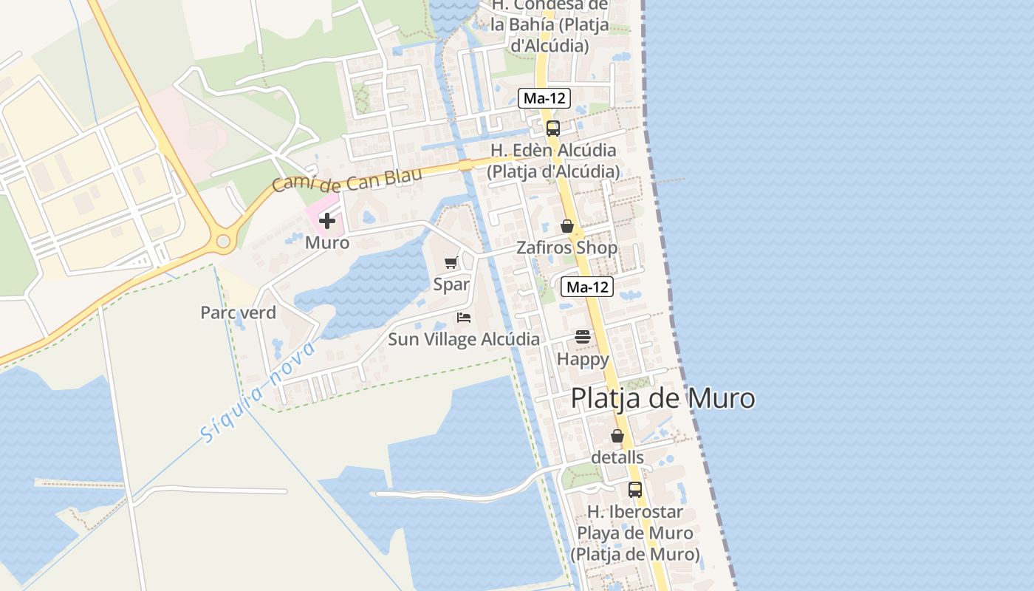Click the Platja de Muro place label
click(662, 399)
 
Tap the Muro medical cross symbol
click(327, 221)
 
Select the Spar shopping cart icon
click(451, 262)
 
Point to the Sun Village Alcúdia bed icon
click(464, 318)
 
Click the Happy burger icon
click(583, 337)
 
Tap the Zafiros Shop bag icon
click(567, 226)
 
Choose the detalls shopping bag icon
click(617, 436)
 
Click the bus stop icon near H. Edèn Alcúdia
click(553, 129)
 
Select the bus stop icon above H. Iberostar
click(635, 489)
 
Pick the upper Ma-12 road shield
click(545, 98)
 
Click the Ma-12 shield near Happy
click(587, 287)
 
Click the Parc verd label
click(238, 312)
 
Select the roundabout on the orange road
click(223, 241)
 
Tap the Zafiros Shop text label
click(566, 248)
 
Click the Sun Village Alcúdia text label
click(464, 340)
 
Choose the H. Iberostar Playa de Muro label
click(635, 533)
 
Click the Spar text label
click(451, 284)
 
